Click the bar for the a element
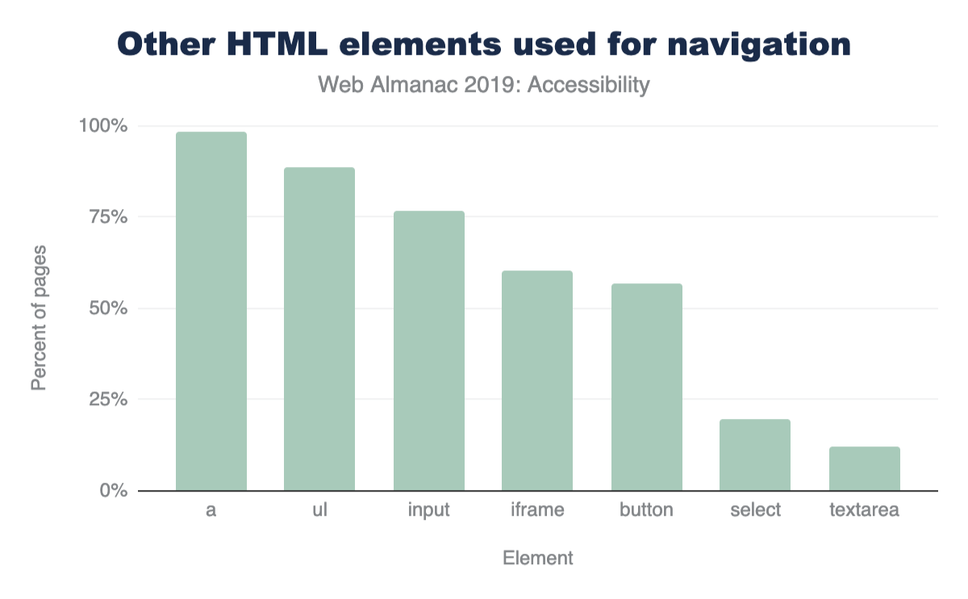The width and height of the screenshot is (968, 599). click(x=211, y=312)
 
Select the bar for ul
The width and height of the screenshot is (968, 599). click(x=319, y=329)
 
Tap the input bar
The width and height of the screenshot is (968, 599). click(x=428, y=351)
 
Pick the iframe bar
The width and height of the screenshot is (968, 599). click(x=537, y=381)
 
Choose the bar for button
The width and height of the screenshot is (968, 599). click(x=646, y=387)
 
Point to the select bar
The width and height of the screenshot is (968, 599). click(x=755, y=455)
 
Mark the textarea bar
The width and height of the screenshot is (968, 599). click(x=864, y=469)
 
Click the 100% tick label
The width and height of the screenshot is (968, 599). click(x=103, y=127)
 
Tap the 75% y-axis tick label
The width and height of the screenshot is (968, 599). click(x=107, y=218)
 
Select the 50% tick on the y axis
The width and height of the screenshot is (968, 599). click(x=107, y=309)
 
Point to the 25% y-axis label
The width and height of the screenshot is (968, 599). click(x=107, y=400)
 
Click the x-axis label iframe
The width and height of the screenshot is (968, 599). click(x=537, y=511)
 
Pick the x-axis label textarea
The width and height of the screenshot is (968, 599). click(x=864, y=511)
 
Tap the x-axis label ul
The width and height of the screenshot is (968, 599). click(x=319, y=511)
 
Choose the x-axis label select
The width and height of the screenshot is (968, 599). click(x=755, y=511)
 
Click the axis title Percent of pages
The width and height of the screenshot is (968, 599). click(x=39, y=318)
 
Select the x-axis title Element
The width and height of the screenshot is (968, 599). click(x=537, y=559)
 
